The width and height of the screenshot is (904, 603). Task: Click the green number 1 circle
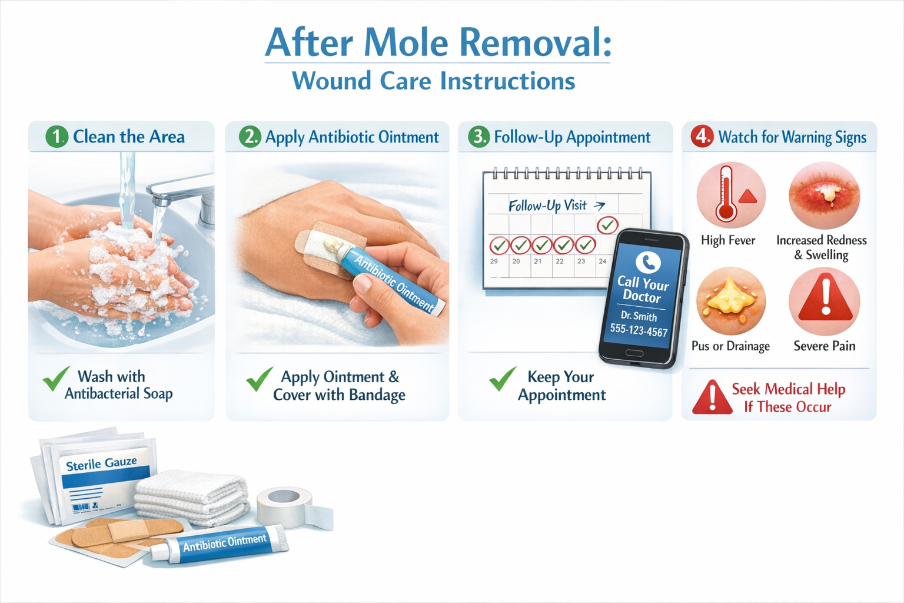(57, 137)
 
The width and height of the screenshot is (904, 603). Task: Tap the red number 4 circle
(702, 136)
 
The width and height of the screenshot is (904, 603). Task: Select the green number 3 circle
(478, 137)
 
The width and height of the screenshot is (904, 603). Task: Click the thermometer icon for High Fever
(730, 195)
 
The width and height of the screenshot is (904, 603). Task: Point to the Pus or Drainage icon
(731, 300)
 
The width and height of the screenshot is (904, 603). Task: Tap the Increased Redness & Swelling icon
(824, 195)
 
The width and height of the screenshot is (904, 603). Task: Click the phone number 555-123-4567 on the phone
(639, 330)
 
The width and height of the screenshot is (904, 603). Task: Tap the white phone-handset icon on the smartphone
(648, 261)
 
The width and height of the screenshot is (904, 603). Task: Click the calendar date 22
(560, 261)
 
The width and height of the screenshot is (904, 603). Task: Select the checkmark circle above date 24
(607, 224)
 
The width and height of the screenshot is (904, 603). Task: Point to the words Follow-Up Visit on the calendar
(547, 206)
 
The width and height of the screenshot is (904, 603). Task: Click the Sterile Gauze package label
(101, 464)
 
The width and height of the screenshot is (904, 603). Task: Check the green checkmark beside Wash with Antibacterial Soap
(56, 379)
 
